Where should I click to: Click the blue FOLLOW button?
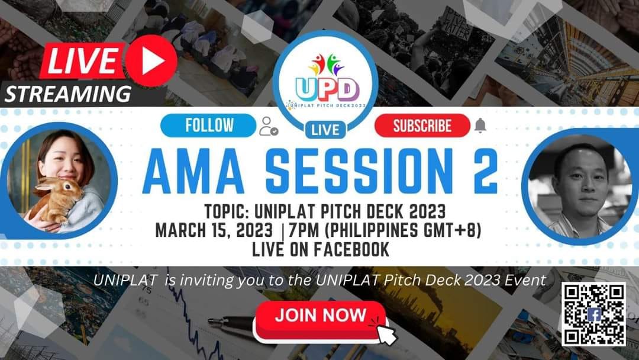pos(209,126)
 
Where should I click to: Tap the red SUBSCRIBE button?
pos(422,126)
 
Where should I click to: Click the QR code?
pos(593,314)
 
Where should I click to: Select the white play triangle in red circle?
pos(150,61)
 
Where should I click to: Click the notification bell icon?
pos(480,126)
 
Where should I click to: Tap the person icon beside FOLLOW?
pos(268,126)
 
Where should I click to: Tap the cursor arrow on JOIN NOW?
pos(385,333)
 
